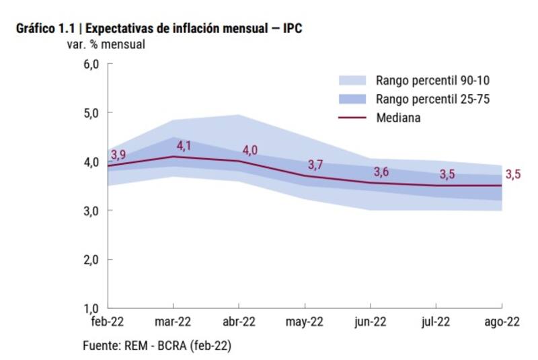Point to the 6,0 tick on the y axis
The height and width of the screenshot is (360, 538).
(91, 65)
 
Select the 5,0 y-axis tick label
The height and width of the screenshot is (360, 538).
(91, 113)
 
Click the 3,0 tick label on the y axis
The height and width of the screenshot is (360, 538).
(91, 211)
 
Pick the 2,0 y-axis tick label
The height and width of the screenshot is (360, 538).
(91, 260)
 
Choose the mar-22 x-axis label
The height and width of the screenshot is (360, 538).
(174, 322)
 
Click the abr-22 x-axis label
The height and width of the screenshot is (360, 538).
(239, 322)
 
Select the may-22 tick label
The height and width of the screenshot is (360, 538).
(305, 322)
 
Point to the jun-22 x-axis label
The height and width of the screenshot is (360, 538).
(371, 322)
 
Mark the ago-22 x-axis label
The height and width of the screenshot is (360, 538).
(502, 322)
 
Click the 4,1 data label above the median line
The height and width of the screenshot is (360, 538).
(184, 145)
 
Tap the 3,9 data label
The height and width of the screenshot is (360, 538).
(118, 155)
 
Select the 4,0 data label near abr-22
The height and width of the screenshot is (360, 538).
(249, 150)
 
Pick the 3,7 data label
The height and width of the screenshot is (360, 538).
(315, 165)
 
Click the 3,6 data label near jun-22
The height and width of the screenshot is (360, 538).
(381, 172)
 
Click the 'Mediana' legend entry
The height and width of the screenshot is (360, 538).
(399, 117)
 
